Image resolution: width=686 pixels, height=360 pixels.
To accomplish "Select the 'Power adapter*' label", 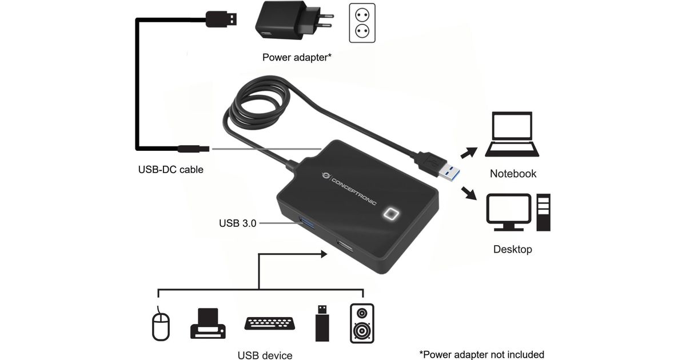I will click(x=297, y=57).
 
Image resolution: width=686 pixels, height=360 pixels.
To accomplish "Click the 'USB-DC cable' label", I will click(x=170, y=170).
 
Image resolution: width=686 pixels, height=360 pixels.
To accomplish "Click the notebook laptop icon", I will click(x=512, y=135).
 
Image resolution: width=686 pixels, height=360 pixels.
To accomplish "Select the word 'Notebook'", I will click(x=513, y=174).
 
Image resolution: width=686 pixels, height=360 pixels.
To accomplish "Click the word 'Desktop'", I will click(x=512, y=250).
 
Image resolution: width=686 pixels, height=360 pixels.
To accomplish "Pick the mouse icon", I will click(x=161, y=324).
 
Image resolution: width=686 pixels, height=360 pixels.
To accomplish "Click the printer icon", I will click(x=208, y=323).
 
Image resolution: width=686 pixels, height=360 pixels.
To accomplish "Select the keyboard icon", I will click(x=269, y=323).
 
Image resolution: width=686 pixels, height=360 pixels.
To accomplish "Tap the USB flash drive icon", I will click(x=322, y=323).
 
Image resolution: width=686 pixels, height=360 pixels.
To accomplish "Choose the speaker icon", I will click(x=361, y=323).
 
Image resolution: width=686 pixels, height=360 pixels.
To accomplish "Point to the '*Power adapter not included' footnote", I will click(x=481, y=355).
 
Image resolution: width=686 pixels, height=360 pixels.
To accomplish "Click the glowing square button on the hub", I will click(x=392, y=214).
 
